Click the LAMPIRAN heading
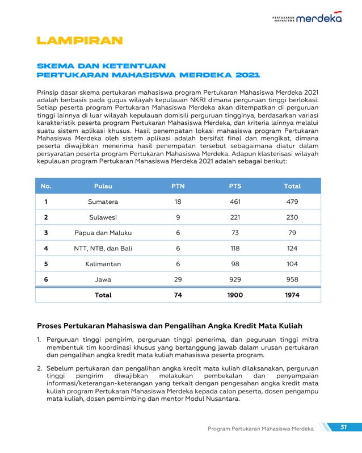pyautogui.click(x=79, y=41)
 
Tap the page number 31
pyautogui.click(x=343, y=427)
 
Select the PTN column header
pyautogui.click(x=178, y=186)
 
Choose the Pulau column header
pyautogui.click(x=103, y=186)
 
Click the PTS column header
pyautogui.click(x=235, y=186)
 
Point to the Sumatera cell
pyautogui.click(x=103, y=202)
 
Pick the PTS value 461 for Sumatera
pyautogui.click(x=235, y=202)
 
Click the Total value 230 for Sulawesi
pyautogui.click(x=292, y=217)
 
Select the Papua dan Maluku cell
pyautogui.click(x=103, y=233)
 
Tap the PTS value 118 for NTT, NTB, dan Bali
pyautogui.click(x=235, y=248)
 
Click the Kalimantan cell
pyautogui.click(x=103, y=264)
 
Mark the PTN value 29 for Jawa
pyautogui.click(x=178, y=279)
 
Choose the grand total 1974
pyautogui.click(x=292, y=295)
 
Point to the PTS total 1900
pyautogui.click(x=235, y=295)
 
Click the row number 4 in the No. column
pyautogui.click(x=46, y=248)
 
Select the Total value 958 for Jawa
pyautogui.click(x=292, y=279)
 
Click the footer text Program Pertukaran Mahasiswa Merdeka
pyautogui.click(x=260, y=429)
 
